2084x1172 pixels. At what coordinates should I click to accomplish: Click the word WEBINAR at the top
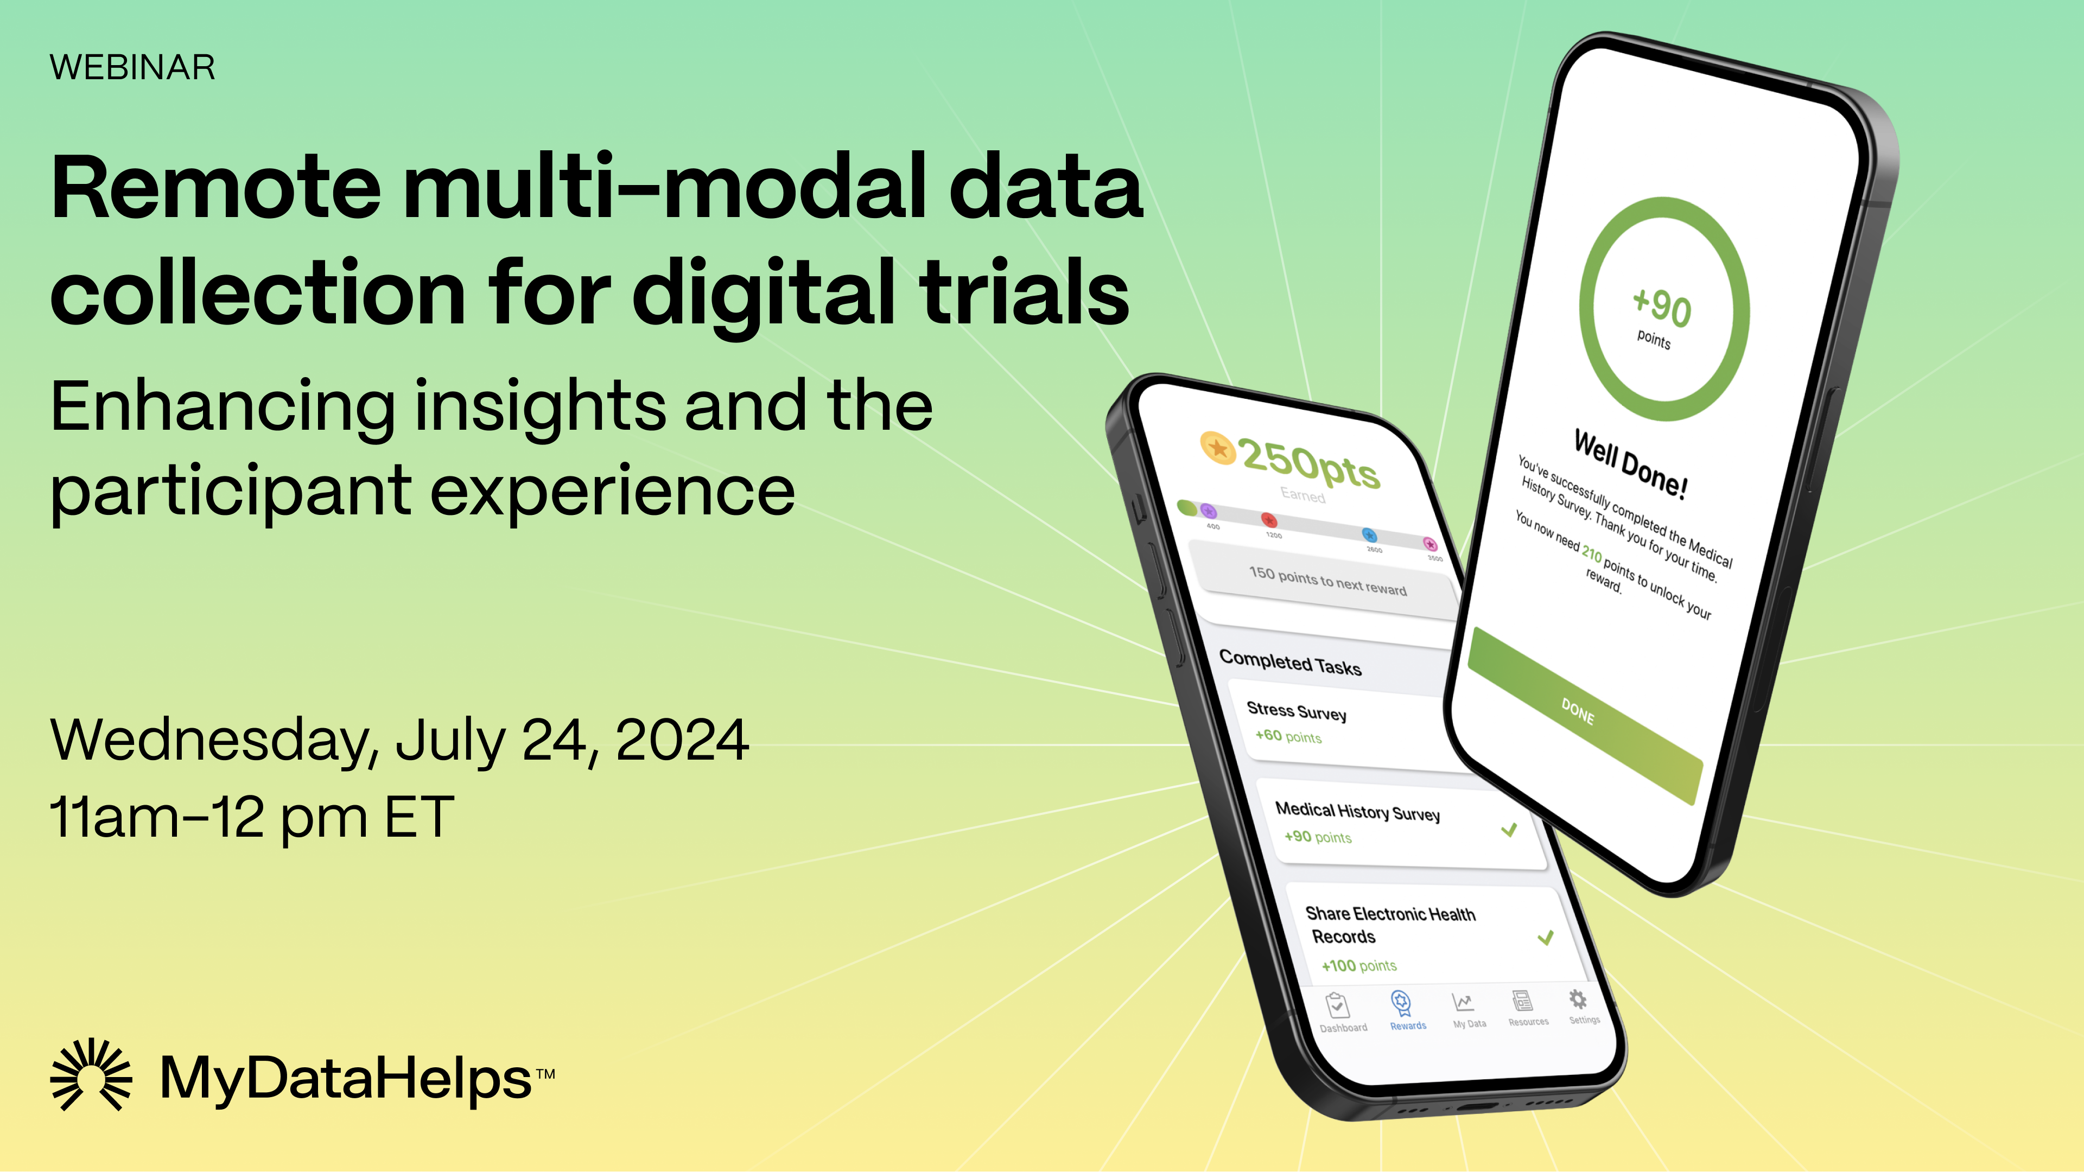point(132,67)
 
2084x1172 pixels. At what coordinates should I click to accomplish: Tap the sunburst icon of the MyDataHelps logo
point(91,1074)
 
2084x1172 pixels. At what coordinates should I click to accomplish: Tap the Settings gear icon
point(1578,999)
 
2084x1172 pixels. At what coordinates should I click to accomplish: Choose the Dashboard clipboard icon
point(1337,1005)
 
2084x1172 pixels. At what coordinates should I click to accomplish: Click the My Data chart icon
point(1462,1003)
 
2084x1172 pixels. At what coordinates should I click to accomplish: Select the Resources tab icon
point(1522,1001)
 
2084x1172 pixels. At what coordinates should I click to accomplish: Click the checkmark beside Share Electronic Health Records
point(1545,938)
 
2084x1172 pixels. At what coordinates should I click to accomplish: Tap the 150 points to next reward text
point(1327,581)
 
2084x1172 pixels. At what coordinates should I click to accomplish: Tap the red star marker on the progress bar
point(1268,519)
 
